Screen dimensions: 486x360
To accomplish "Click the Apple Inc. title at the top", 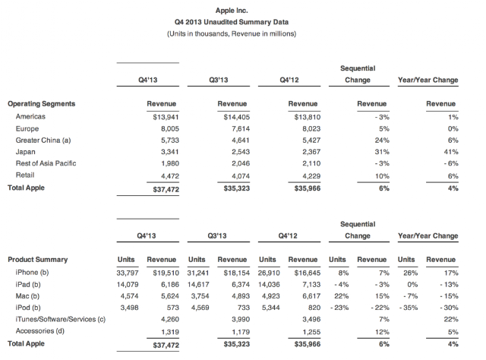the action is [232, 11].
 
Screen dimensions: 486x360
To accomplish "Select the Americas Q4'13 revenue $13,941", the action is [166, 117].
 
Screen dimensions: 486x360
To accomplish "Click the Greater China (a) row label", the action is [43, 141].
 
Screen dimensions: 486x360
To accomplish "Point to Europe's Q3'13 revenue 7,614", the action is [241, 128].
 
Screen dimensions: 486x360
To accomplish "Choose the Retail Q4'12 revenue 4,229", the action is [311, 176].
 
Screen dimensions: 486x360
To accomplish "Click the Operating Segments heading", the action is [42, 103].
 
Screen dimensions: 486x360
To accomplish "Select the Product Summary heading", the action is [37, 260].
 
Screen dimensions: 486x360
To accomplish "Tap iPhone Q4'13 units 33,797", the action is [128, 273].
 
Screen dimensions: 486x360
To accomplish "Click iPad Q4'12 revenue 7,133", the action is [311, 285].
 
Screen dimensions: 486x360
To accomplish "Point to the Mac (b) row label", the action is [27, 296].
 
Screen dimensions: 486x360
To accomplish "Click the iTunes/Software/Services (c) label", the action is [61, 320].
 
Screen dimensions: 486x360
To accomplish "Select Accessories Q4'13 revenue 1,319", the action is [170, 332].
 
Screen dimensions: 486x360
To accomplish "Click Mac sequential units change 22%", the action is [341, 296].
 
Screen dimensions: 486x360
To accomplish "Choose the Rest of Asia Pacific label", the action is [46, 163].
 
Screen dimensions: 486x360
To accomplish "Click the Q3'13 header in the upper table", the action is [219, 80].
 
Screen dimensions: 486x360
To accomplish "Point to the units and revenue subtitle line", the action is [232, 34].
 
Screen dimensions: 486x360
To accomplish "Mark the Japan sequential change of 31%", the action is [382, 152].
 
